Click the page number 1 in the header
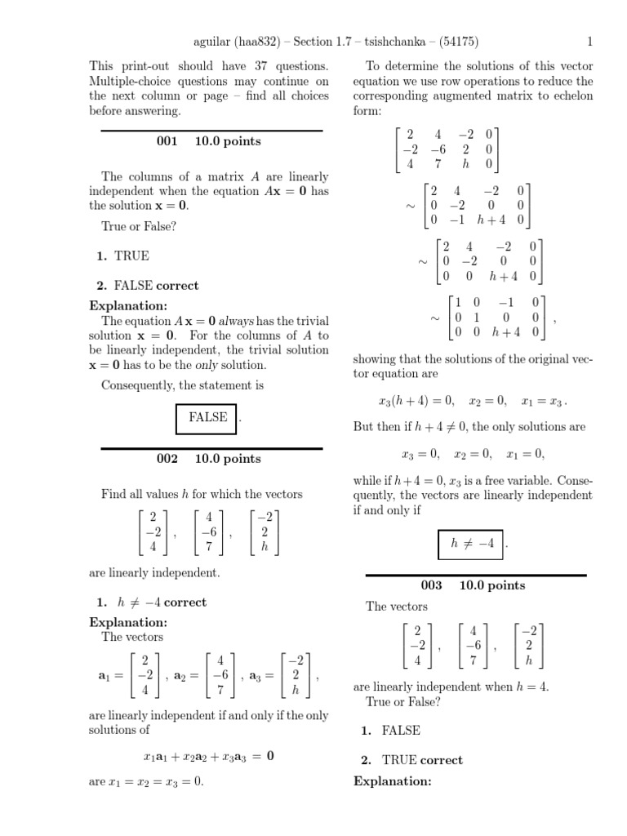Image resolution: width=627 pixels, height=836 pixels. tap(589, 42)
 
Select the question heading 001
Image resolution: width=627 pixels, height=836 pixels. tap(167, 141)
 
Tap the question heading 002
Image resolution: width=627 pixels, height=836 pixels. tap(167, 459)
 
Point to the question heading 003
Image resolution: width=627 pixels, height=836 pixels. tap(431, 585)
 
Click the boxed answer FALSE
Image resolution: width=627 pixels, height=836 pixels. tap(207, 417)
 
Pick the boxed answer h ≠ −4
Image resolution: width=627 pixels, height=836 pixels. tap(473, 544)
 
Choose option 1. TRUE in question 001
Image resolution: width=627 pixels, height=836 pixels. tap(123, 256)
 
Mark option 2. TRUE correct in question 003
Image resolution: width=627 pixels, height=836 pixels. tap(411, 760)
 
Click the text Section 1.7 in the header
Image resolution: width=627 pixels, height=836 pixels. tap(326, 42)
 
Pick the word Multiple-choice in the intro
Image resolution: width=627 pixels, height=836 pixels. tap(128, 81)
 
